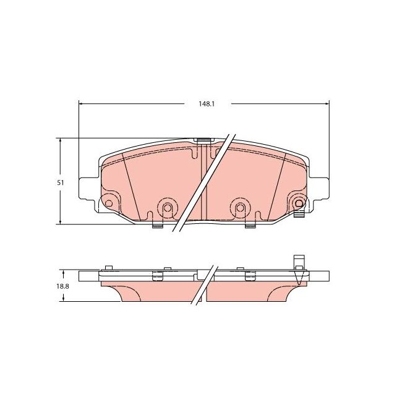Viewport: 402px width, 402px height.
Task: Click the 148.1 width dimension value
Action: (x=206, y=103)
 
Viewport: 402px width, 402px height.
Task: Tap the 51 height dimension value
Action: (x=59, y=183)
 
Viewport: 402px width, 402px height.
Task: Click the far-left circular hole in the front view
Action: (x=108, y=203)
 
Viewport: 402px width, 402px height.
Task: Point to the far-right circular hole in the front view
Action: (x=299, y=203)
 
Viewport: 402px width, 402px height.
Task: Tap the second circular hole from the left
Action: (x=165, y=207)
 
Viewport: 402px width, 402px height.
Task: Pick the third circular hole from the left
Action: (x=238, y=207)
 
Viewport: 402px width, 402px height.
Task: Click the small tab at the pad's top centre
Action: (x=202, y=141)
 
